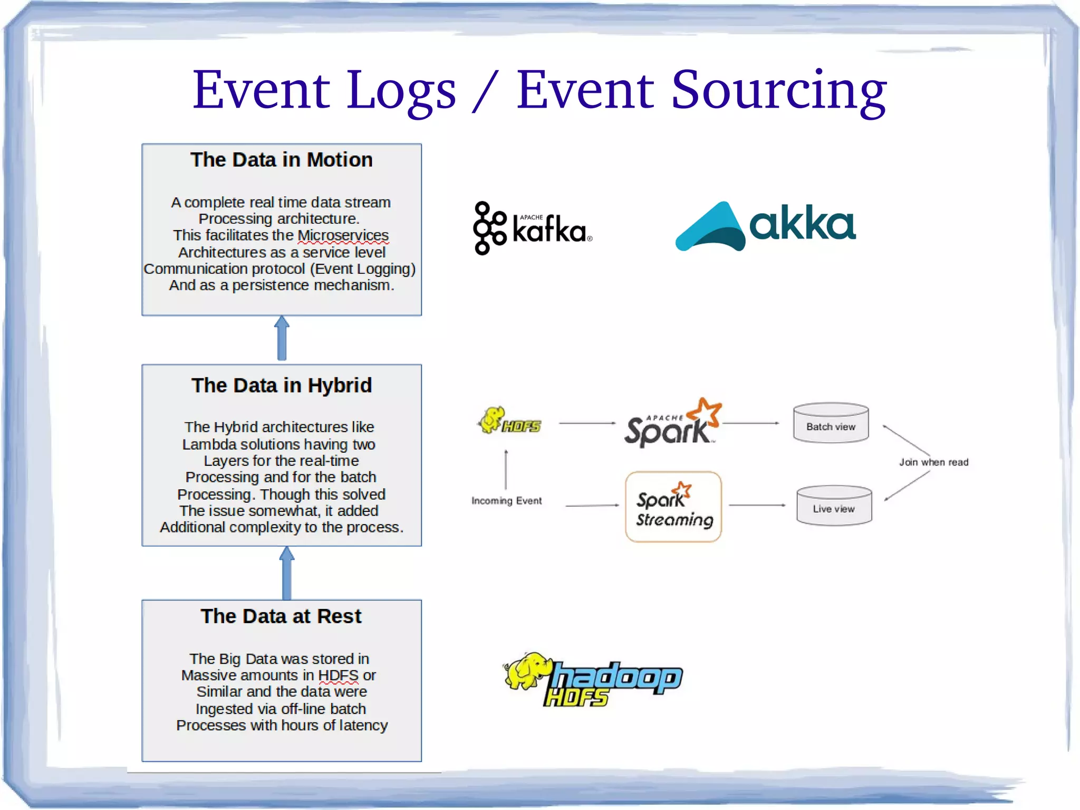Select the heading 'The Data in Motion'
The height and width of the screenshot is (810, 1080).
click(281, 160)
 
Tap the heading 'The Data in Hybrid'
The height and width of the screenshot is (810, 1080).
click(281, 386)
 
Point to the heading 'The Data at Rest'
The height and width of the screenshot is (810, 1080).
click(281, 616)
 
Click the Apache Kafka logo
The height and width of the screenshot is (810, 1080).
click(532, 228)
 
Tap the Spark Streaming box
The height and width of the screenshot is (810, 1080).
click(673, 507)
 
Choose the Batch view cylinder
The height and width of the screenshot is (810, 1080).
click(831, 423)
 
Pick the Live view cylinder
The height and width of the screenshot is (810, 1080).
click(834, 506)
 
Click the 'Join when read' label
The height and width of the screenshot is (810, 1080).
click(933, 462)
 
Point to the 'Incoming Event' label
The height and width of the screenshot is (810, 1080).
click(506, 501)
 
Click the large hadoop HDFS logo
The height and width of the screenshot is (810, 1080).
click(593, 680)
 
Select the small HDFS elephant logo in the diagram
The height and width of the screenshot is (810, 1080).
click(509, 421)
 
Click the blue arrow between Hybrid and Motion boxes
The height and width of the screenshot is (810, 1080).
click(282, 339)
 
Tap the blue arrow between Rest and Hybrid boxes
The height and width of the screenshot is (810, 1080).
click(287, 573)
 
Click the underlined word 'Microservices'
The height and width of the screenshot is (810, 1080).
click(343, 235)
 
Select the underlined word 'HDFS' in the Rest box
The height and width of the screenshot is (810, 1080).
click(338, 675)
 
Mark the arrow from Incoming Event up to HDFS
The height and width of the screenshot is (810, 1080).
click(506, 470)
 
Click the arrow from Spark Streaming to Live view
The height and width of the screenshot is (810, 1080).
click(757, 505)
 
